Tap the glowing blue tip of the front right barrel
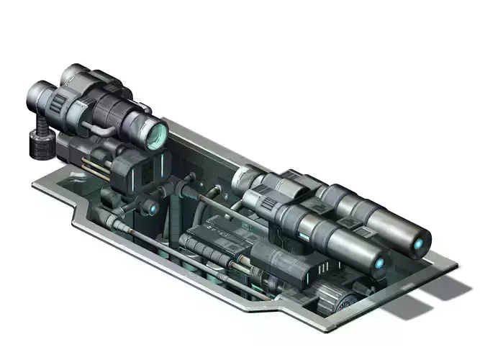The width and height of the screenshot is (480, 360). tap(379, 264)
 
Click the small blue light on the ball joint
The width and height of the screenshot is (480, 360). tap(153, 209)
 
